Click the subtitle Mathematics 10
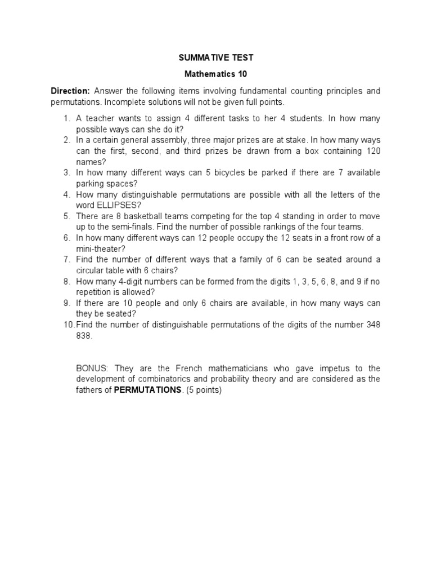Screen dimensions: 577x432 pyautogui.click(x=216, y=74)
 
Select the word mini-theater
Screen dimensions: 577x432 pyautogui.click(x=98, y=248)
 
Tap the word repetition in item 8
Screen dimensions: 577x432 pyautogui.click(x=94, y=292)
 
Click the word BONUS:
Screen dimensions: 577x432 pyautogui.click(x=93, y=369)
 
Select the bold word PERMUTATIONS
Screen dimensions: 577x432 pyautogui.click(x=148, y=390)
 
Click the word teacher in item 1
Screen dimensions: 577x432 pyautogui.click(x=99, y=119)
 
